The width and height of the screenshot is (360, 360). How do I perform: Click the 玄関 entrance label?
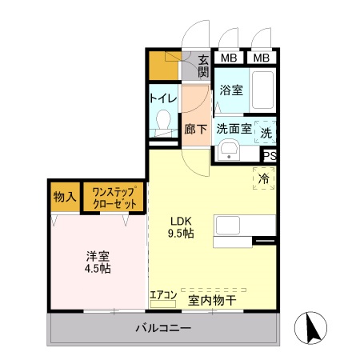click(x=203, y=65)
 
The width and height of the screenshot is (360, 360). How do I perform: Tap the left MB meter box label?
click(x=229, y=58)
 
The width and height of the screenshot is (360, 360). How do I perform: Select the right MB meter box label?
click(x=261, y=58)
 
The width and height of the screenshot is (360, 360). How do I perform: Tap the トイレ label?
click(x=163, y=99)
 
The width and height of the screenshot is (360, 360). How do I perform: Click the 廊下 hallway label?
click(x=196, y=127)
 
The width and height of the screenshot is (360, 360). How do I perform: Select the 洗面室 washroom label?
click(x=234, y=128)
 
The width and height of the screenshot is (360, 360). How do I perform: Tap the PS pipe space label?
click(x=270, y=156)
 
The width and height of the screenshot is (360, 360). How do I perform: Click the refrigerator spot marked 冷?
click(x=263, y=179)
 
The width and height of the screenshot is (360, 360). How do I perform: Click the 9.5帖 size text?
click(x=180, y=233)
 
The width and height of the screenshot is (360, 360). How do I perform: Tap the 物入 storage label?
click(x=65, y=197)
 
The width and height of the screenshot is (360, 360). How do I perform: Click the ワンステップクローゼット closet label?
click(x=116, y=197)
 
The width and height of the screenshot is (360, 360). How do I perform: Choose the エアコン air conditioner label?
click(x=163, y=295)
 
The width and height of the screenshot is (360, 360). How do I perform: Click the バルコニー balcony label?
click(x=162, y=328)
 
